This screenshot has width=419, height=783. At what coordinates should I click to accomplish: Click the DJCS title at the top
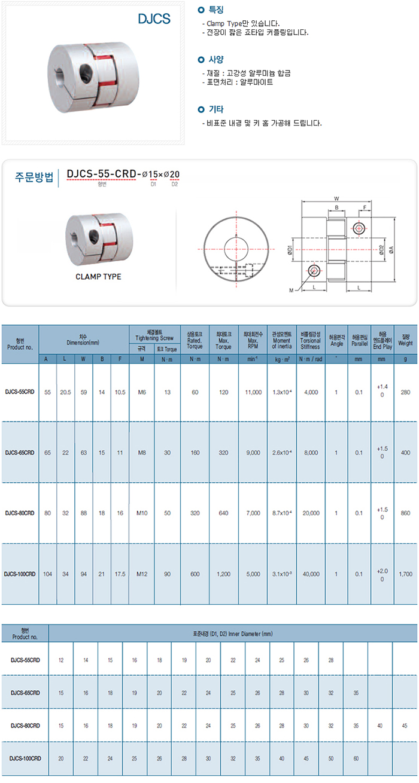pyautogui.click(x=154, y=19)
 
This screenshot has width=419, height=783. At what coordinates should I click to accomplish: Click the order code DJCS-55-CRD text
pyautogui.click(x=101, y=175)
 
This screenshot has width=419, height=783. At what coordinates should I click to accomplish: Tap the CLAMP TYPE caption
pyautogui.click(x=98, y=277)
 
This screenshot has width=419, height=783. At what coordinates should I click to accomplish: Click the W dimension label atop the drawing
pyautogui.click(x=336, y=198)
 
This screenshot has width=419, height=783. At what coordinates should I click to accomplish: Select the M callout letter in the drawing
pyautogui.click(x=292, y=290)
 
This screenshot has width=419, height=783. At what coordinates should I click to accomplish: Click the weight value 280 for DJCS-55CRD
pyautogui.click(x=406, y=392)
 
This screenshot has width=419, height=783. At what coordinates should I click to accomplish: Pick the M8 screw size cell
pyautogui.click(x=142, y=452)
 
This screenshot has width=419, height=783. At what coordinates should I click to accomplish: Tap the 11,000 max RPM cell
pyautogui.click(x=253, y=392)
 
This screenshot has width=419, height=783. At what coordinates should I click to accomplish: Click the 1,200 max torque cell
pyautogui.click(x=223, y=574)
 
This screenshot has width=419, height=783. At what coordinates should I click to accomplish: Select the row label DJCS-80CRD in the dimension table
pyautogui.click(x=20, y=513)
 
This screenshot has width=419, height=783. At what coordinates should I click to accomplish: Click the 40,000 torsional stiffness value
pyautogui.click(x=311, y=574)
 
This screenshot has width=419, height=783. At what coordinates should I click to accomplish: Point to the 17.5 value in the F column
pyautogui.click(x=120, y=574)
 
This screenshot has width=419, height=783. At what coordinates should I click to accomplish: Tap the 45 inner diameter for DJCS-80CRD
pyautogui.click(x=405, y=725)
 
